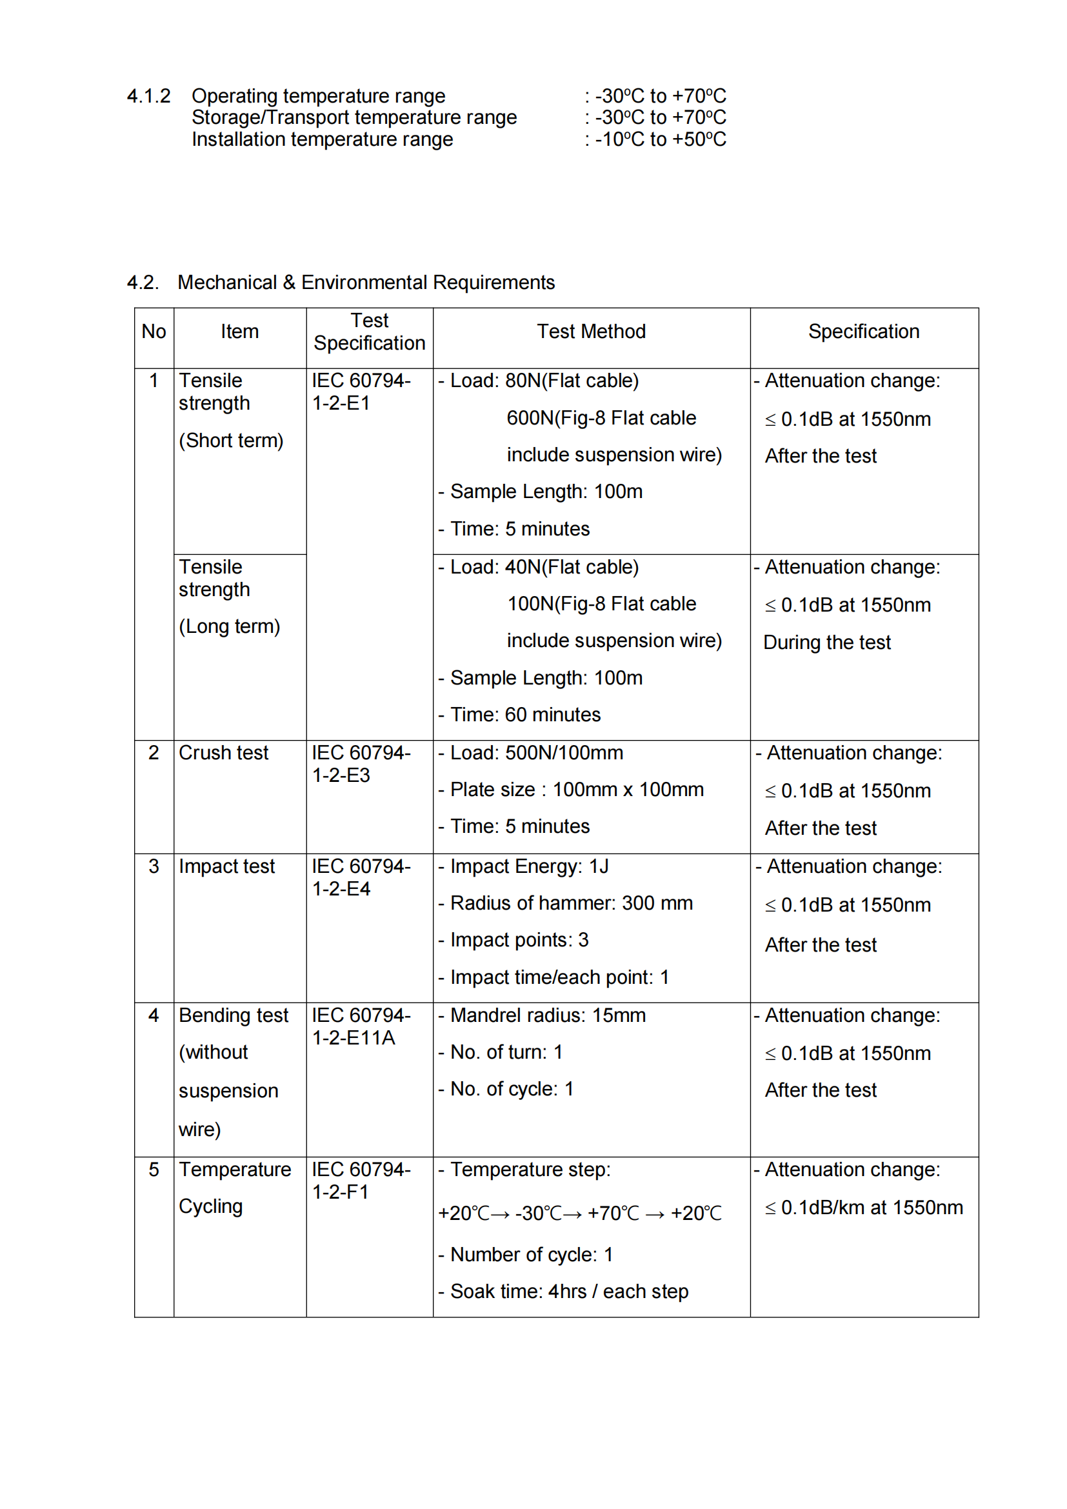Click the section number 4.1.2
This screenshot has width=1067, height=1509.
point(148,96)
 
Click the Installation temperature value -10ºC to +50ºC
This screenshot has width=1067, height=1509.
point(661,139)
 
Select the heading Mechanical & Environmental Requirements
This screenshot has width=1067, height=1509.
point(366,283)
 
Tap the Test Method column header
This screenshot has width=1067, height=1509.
point(591,331)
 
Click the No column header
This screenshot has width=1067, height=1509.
point(154,331)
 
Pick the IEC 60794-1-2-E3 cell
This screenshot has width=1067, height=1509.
point(361,764)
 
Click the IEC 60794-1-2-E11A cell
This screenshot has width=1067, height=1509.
point(361,1026)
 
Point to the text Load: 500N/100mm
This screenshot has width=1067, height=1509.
point(536,752)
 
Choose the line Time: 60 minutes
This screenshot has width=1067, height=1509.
point(525,714)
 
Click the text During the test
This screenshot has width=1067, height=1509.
point(826,642)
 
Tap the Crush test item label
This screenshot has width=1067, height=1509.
point(223,752)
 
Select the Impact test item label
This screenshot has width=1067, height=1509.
point(226,866)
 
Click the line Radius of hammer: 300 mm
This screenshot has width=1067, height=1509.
point(571,903)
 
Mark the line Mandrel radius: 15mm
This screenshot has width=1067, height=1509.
point(547,1015)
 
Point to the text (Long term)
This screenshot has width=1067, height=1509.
point(229,626)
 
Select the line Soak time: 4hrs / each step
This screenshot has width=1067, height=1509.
point(569,1292)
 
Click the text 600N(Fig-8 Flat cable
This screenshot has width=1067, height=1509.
point(601,418)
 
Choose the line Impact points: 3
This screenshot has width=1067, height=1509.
point(519,940)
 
